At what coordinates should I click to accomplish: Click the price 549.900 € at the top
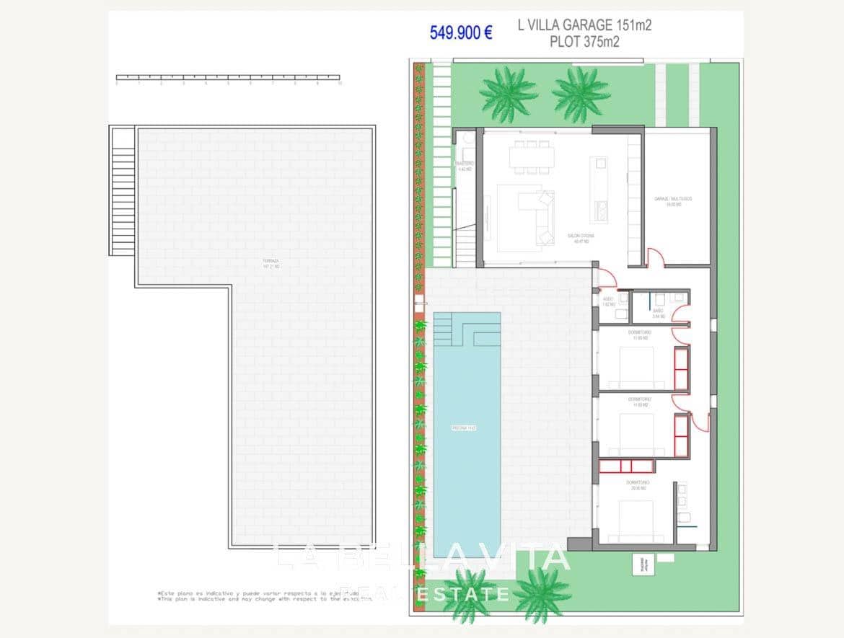(460, 32)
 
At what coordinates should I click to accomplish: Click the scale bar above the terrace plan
(228, 77)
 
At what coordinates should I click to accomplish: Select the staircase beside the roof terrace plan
(123, 191)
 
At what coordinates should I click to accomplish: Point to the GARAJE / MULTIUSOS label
(673, 200)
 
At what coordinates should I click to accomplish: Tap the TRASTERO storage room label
(465, 166)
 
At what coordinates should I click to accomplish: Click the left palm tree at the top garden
(509, 92)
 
